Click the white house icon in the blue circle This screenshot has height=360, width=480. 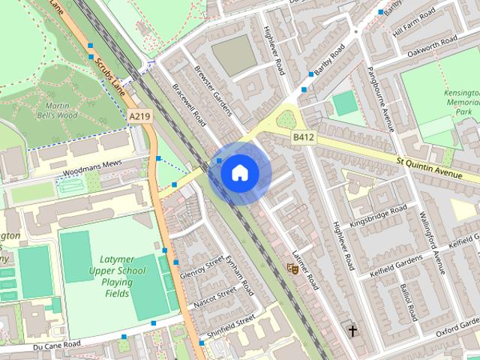pos(239,172)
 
